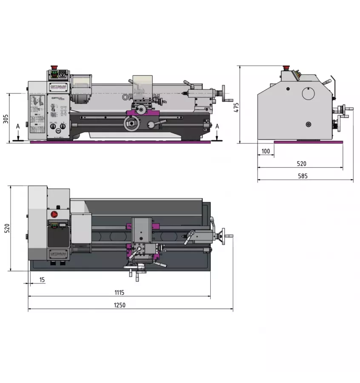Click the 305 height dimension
pos(6,118)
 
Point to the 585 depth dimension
pos(303,176)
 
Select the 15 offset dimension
pos(42,280)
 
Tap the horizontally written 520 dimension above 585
pos(301,163)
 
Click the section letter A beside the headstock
pos(17,126)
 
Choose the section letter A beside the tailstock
pos(217,126)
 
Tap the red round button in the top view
pos(54,214)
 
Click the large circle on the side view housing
pos(309,94)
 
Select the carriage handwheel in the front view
pos(131,124)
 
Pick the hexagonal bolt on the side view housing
pos(288,89)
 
